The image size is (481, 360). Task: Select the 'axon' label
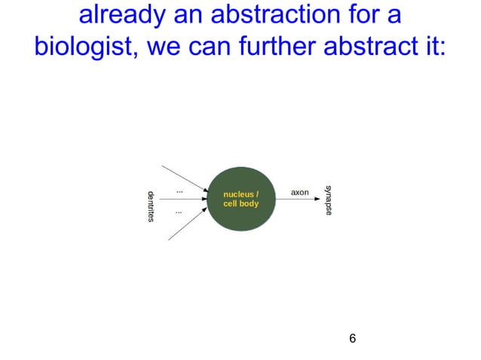click(300, 193)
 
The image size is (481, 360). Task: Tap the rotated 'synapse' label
click(327, 200)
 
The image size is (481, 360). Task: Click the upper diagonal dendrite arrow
click(184, 176)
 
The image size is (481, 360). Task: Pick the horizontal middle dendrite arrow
click(185, 200)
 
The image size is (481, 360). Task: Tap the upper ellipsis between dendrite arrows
click(179, 191)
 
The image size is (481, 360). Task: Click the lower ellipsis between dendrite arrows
click(179, 212)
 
